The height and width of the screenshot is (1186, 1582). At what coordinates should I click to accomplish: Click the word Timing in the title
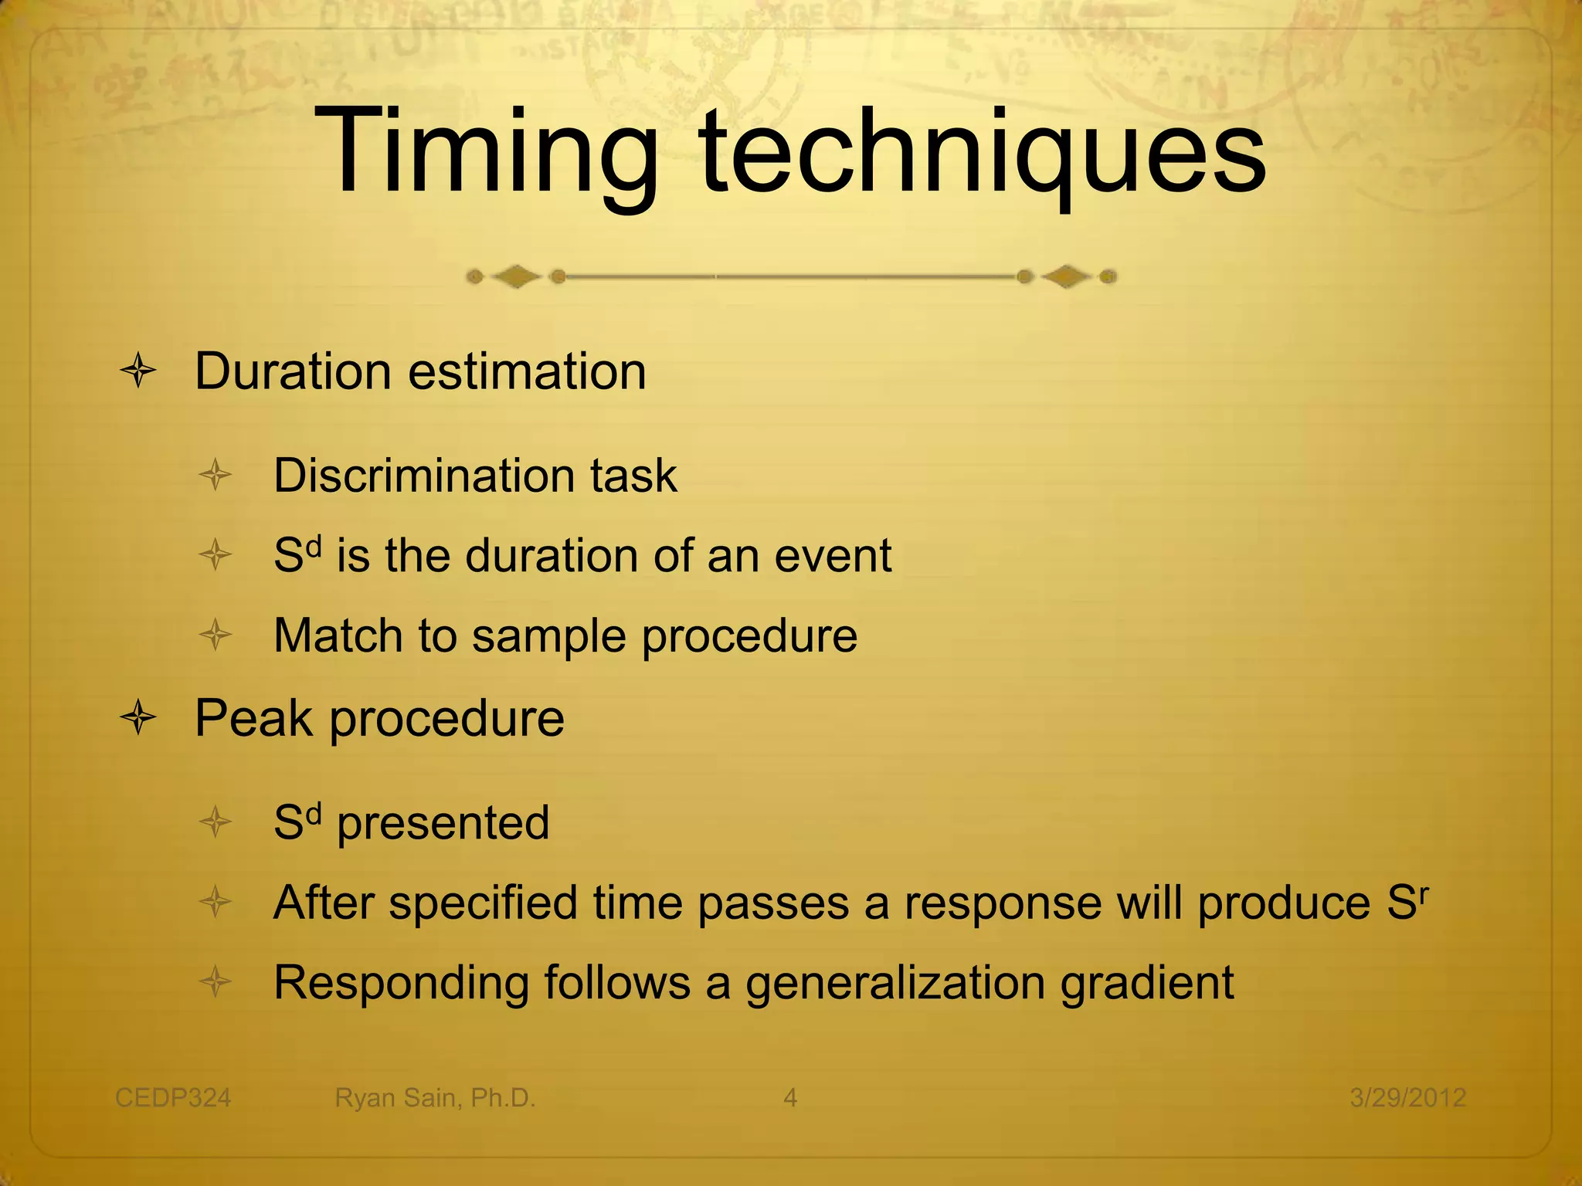coord(485,154)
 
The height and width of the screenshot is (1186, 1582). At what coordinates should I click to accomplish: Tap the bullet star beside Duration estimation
coord(139,371)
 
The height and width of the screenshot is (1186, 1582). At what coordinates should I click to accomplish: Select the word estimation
coord(527,371)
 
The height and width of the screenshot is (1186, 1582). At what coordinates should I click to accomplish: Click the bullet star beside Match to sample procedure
coord(216,635)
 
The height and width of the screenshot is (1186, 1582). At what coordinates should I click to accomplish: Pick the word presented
coord(443,823)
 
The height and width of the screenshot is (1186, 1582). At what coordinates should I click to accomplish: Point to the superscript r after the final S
coord(1424,890)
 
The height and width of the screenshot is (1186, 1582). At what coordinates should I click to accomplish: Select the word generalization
coord(895,984)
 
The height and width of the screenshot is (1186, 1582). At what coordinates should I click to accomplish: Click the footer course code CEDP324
coord(173,1097)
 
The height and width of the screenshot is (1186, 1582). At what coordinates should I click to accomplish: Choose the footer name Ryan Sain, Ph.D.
coord(435,1097)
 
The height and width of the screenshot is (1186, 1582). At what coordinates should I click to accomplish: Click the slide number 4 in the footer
coord(790,1097)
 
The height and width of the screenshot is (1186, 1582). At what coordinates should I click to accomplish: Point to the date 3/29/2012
coord(1407,1097)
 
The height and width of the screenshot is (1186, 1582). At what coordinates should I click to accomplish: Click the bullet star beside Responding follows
coord(216,982)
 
